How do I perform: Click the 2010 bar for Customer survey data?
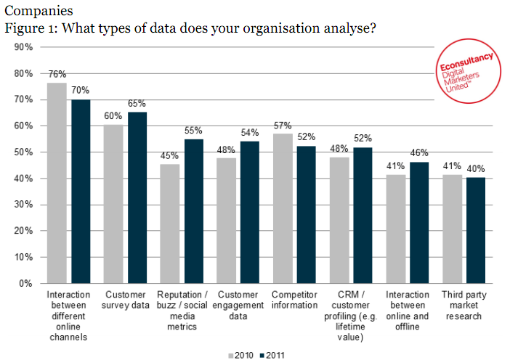pos(113,204)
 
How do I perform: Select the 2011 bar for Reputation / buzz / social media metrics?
pos(194,211)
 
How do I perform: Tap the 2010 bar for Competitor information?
pos(283,208)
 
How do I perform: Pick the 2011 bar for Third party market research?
pos(476,230)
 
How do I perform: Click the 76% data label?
pos(57,74)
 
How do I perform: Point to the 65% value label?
pos(137,103)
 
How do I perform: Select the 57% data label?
pos(283,126)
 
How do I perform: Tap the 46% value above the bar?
pos(419,152)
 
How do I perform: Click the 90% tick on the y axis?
pos(23,47)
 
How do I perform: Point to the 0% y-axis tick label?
pos(25,284)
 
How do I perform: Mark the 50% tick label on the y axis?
pos(23,152)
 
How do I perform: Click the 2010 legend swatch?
pos(231,356)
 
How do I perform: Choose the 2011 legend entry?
pos(272,356)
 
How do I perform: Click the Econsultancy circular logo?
pos(469,71)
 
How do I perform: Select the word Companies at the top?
pos(39,11)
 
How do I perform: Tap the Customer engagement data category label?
pos(238,305)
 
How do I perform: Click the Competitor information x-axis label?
pos(294,300)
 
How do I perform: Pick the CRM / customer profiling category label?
pos(351,316)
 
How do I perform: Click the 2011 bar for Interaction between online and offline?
pos(419,223)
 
